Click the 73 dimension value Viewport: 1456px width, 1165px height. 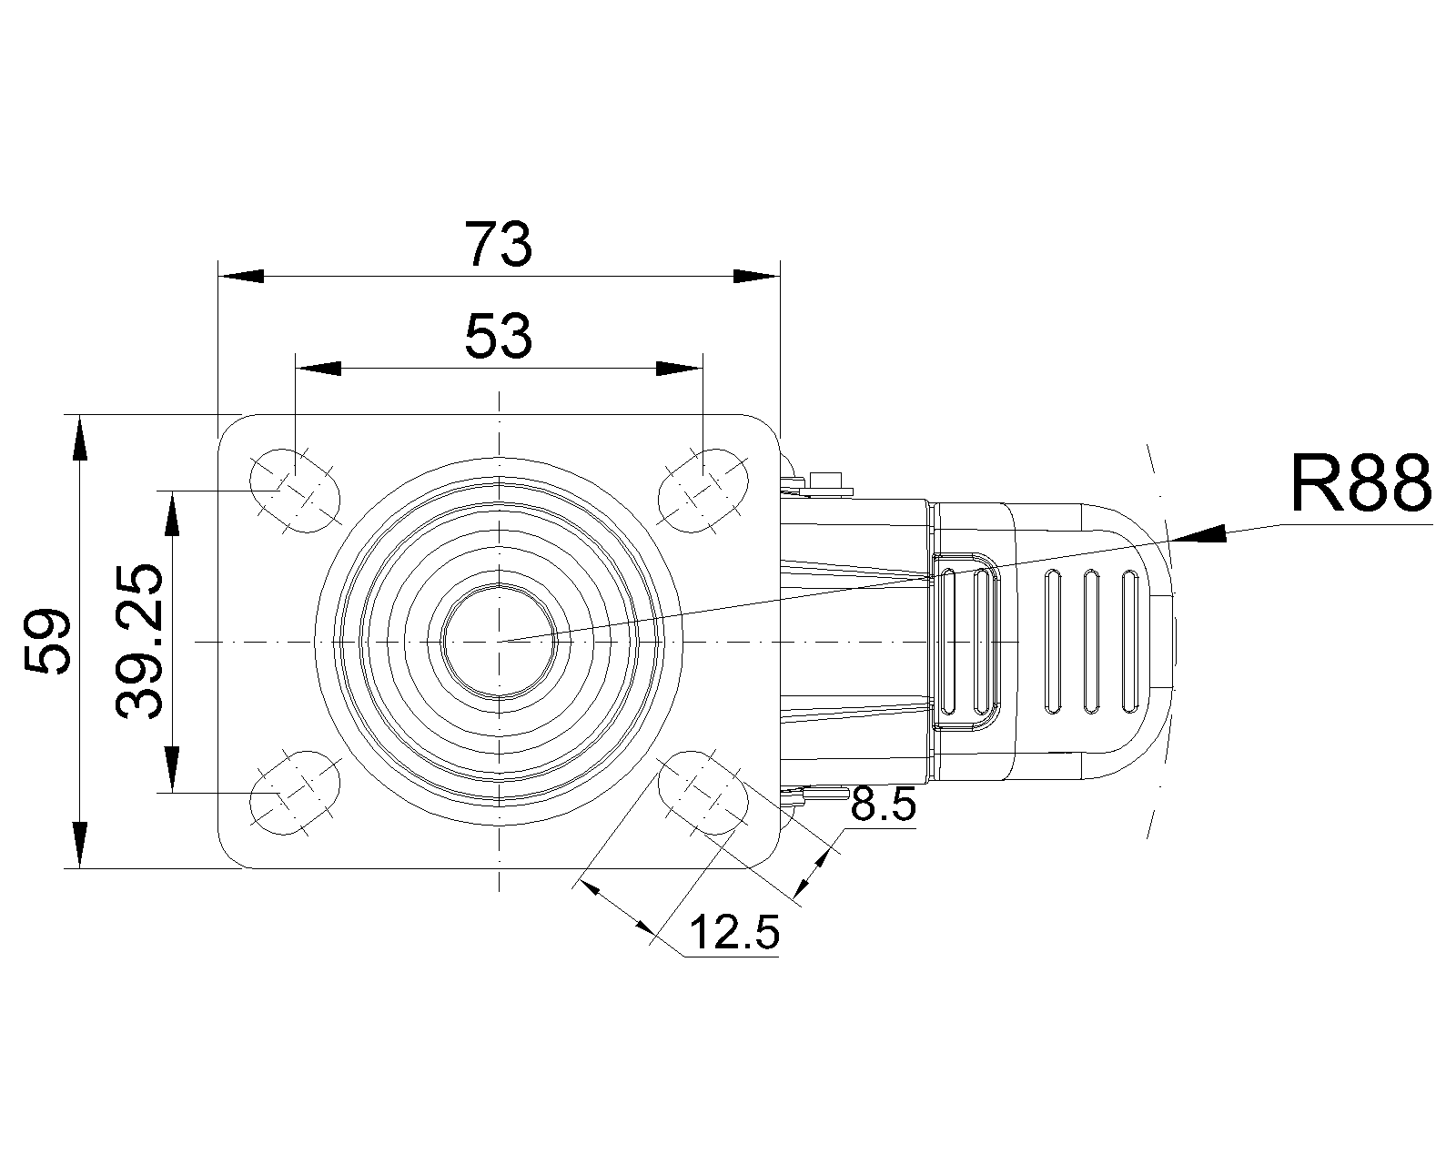[x=498, y=245]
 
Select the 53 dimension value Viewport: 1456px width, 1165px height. [x=498, y=336]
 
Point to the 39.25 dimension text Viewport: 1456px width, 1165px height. [x=141, y=642]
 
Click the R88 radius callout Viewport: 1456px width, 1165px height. [x=1360, y=483]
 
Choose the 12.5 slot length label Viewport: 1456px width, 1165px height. [x=734, y=932]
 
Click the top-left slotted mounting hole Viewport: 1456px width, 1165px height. [x=294, y=490]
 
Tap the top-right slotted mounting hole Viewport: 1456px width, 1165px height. [x=703, y=490]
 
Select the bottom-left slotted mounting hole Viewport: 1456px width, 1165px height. [x=294, y=791]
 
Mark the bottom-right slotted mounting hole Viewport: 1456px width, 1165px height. [x=703, y=791]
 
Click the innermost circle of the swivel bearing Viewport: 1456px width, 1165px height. [x=499, y=642]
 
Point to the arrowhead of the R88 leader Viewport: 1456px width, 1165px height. [x=1198, y=534]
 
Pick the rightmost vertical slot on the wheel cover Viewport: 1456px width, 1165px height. [x=1131, y=642]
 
